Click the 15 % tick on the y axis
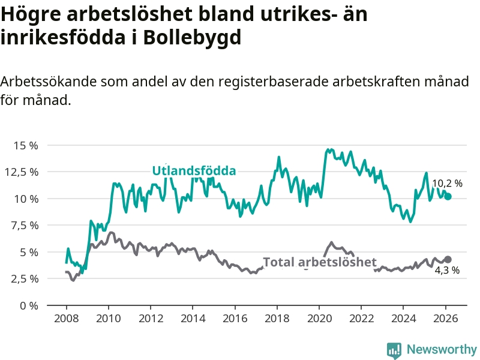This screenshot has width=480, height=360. [26, 145]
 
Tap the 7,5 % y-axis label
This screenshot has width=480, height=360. [25, 226]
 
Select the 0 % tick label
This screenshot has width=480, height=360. [29, 305]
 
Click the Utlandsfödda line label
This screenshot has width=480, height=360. [194, 171]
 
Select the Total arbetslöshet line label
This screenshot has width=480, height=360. [320, 262]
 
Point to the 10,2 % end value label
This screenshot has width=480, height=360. [448, 184]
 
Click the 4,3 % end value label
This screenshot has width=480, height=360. [447, 271]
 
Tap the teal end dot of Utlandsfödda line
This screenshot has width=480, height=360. [448, 196]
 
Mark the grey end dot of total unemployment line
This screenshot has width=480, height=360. [448, 259]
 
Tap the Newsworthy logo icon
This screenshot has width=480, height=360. [394, 349]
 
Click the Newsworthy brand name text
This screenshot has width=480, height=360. [442, 349]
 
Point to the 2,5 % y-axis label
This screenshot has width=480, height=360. [25, 279]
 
